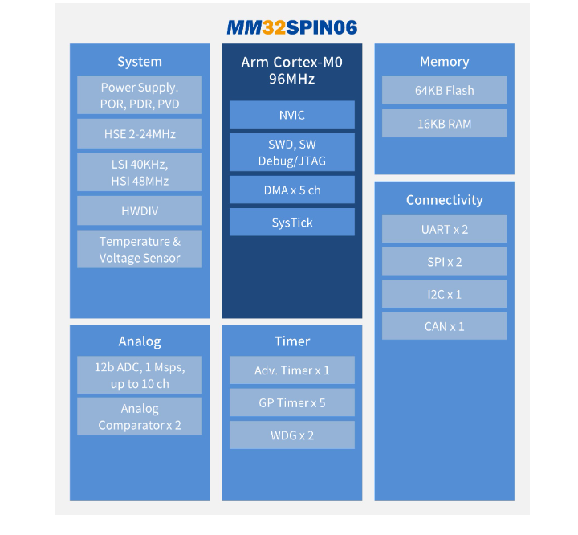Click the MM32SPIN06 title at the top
coord(291,27)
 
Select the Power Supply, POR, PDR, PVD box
coord(140,95)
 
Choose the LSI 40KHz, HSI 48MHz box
coord(140,172)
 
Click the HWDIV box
coord(140,210)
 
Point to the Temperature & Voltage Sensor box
coord(140,249)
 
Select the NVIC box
coord(291,115)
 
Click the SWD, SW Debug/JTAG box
coord(291,153)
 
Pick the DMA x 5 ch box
coord(291,190)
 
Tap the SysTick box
coord(291,223)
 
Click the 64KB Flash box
coord(444,90)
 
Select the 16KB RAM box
coord(444,123)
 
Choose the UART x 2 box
coord(444,229)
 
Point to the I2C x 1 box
coord(444,294)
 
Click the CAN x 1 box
coord(444,326)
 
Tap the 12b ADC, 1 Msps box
coord(140,375)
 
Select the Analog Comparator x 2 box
coord(140,416)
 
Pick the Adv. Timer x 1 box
coord(291,370)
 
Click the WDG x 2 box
coord(291,435)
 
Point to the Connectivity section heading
coord(444,200)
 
